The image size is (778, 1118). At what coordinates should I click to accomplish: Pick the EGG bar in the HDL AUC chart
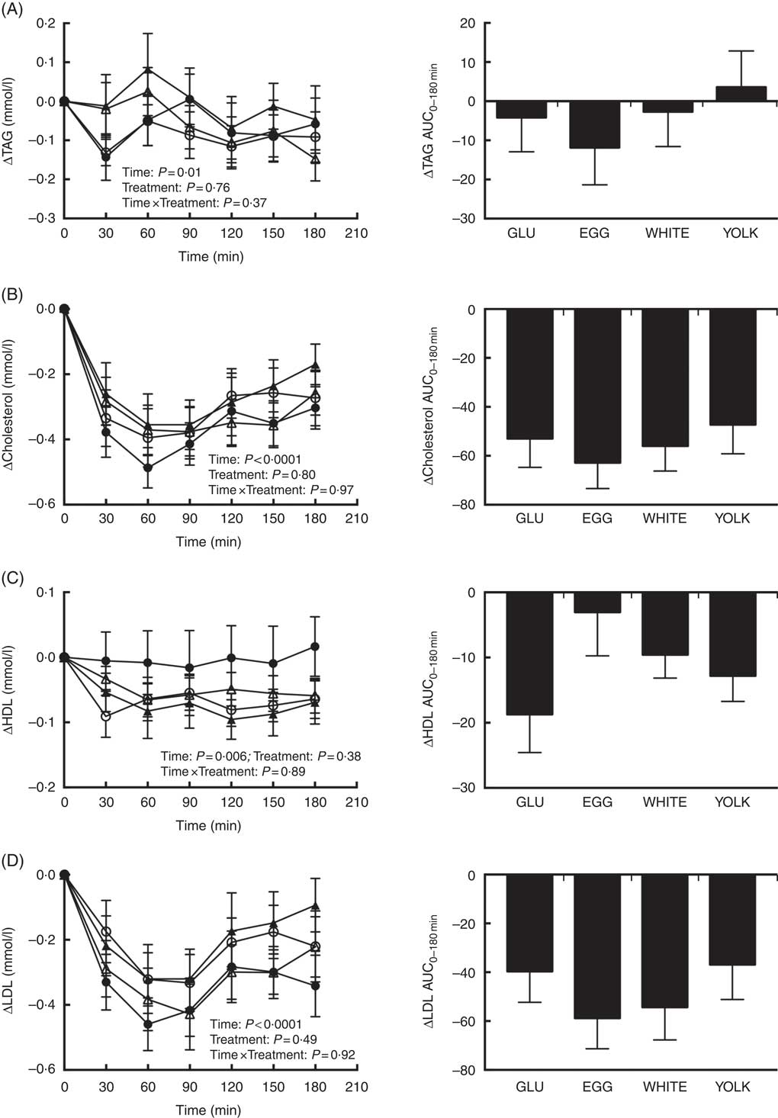pos(597,602)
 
